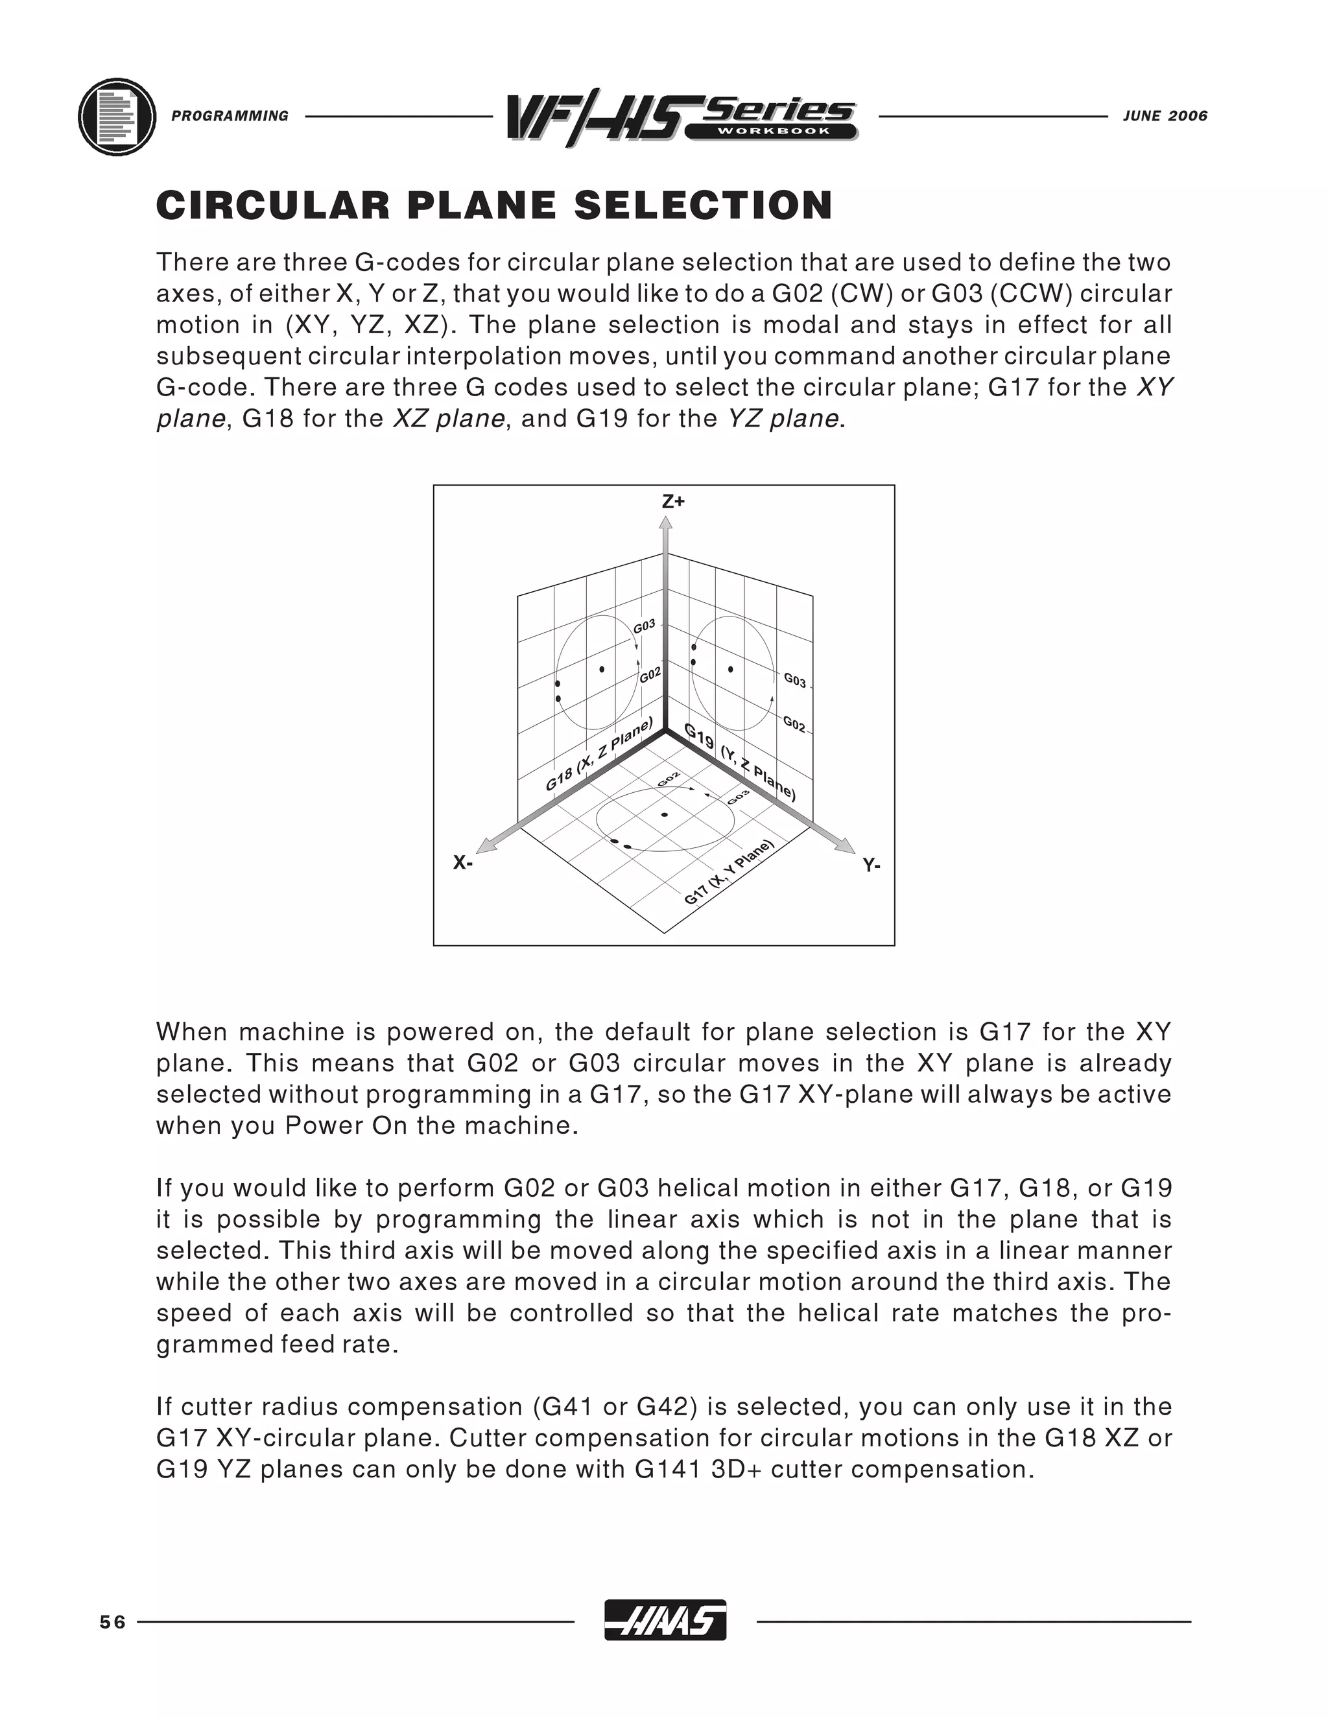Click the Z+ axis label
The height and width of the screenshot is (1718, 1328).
point(674,502)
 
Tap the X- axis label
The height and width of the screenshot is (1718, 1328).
point(462,863)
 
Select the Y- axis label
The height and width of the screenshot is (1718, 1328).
point(871,866)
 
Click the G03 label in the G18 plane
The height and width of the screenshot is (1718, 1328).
point(645,626)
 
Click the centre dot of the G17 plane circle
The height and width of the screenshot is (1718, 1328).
point(665,814)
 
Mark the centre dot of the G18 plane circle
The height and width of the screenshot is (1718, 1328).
point(602,670)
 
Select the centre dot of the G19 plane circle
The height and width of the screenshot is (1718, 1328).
point(731,670)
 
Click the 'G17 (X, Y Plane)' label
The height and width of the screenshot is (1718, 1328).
point(729,873)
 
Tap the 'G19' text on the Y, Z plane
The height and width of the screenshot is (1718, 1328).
point(698,736)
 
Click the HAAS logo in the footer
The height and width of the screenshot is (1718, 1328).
point(665,1621)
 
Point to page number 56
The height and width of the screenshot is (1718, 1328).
point(112,1622)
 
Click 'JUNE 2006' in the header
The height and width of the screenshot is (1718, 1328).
point(1165,117)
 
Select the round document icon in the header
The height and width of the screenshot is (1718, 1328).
point(117,117)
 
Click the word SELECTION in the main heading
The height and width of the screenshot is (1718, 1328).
point(704,206)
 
